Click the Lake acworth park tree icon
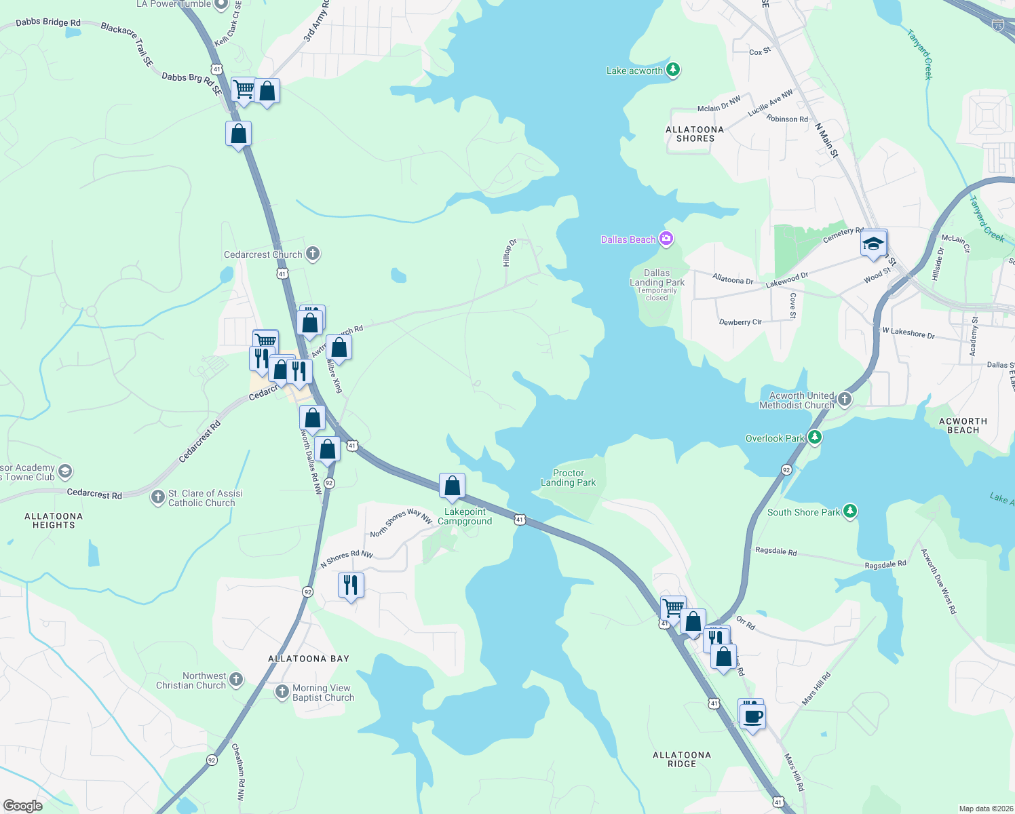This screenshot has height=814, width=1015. (x=672, y=70)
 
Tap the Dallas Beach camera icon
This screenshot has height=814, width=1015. (x=666, y=239)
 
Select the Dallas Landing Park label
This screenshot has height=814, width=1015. (x=657, y=278)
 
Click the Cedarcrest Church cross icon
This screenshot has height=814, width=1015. (x=312, y=254)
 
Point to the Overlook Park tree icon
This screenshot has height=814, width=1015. (x=815, y=438)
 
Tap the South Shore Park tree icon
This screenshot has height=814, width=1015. (x=849, y=511)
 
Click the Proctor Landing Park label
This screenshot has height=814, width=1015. (x=568, y=478)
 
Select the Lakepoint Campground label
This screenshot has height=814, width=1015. (x=465, y=516)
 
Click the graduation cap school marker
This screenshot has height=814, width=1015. (x=873, y=243)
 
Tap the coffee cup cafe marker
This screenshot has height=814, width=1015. (x=752, y=716)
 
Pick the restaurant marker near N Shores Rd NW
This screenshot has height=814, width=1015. (x=351, y=584)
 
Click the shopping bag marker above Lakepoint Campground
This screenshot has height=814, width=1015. (x=452, y=486)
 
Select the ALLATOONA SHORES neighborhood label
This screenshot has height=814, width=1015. (x=695, y=134)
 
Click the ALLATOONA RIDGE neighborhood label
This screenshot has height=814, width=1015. (x=682, y=759)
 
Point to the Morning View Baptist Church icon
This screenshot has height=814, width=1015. (x=282, y=692)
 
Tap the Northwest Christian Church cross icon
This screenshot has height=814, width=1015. (x=236, y=680)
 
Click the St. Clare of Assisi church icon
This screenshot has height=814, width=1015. (x=157, y=498)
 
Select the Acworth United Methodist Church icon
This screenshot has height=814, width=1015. (x=845, y=399)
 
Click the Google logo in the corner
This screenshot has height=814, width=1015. (x=22, y=806)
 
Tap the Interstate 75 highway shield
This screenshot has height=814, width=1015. (x=997, y=26)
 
